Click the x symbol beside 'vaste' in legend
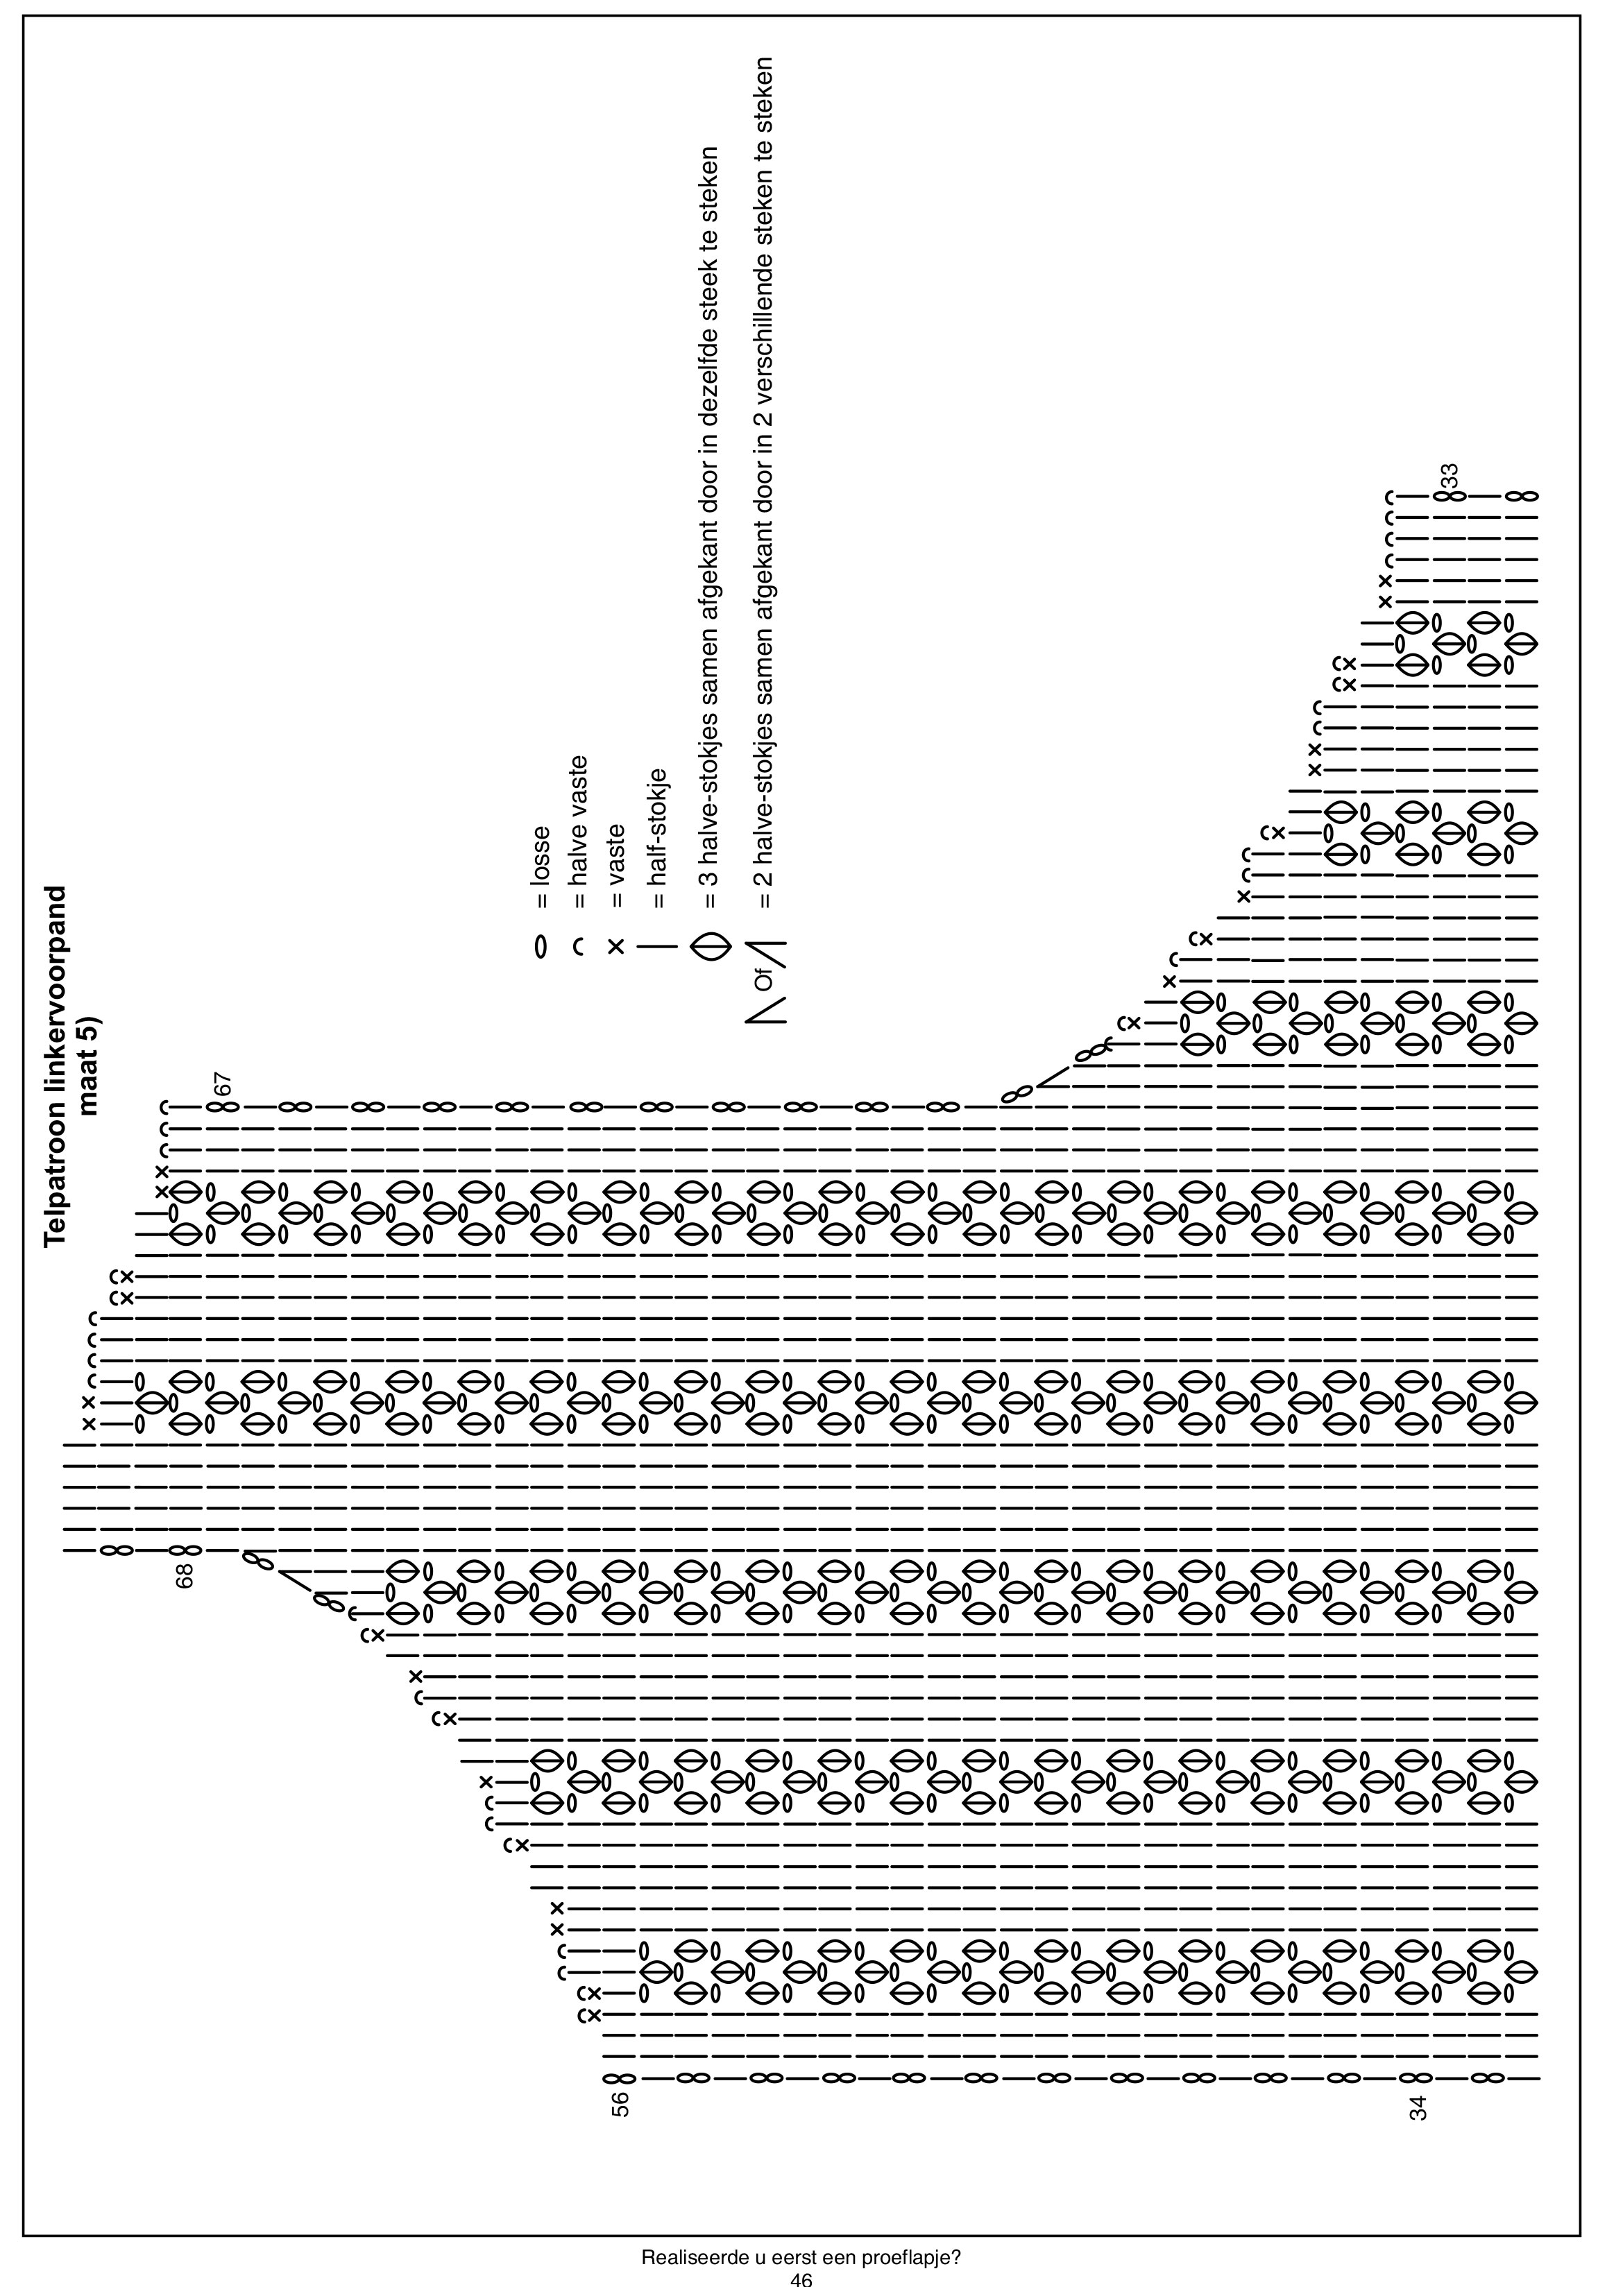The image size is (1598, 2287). tap(617, 946)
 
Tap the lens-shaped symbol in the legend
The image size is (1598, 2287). tap(711, 946)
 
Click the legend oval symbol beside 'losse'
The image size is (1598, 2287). tap(541, 946)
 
